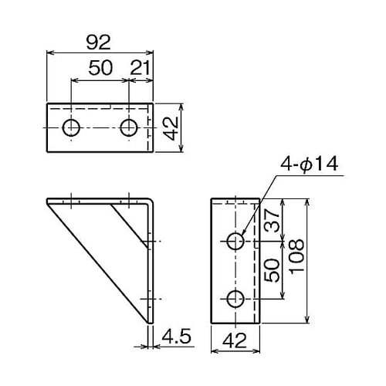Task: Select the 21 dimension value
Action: (x=141, y=67)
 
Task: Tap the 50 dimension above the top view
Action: (x=100, y=67)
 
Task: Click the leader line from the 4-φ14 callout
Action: (x=259, y=205)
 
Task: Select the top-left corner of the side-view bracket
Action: (x=49, y=202)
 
